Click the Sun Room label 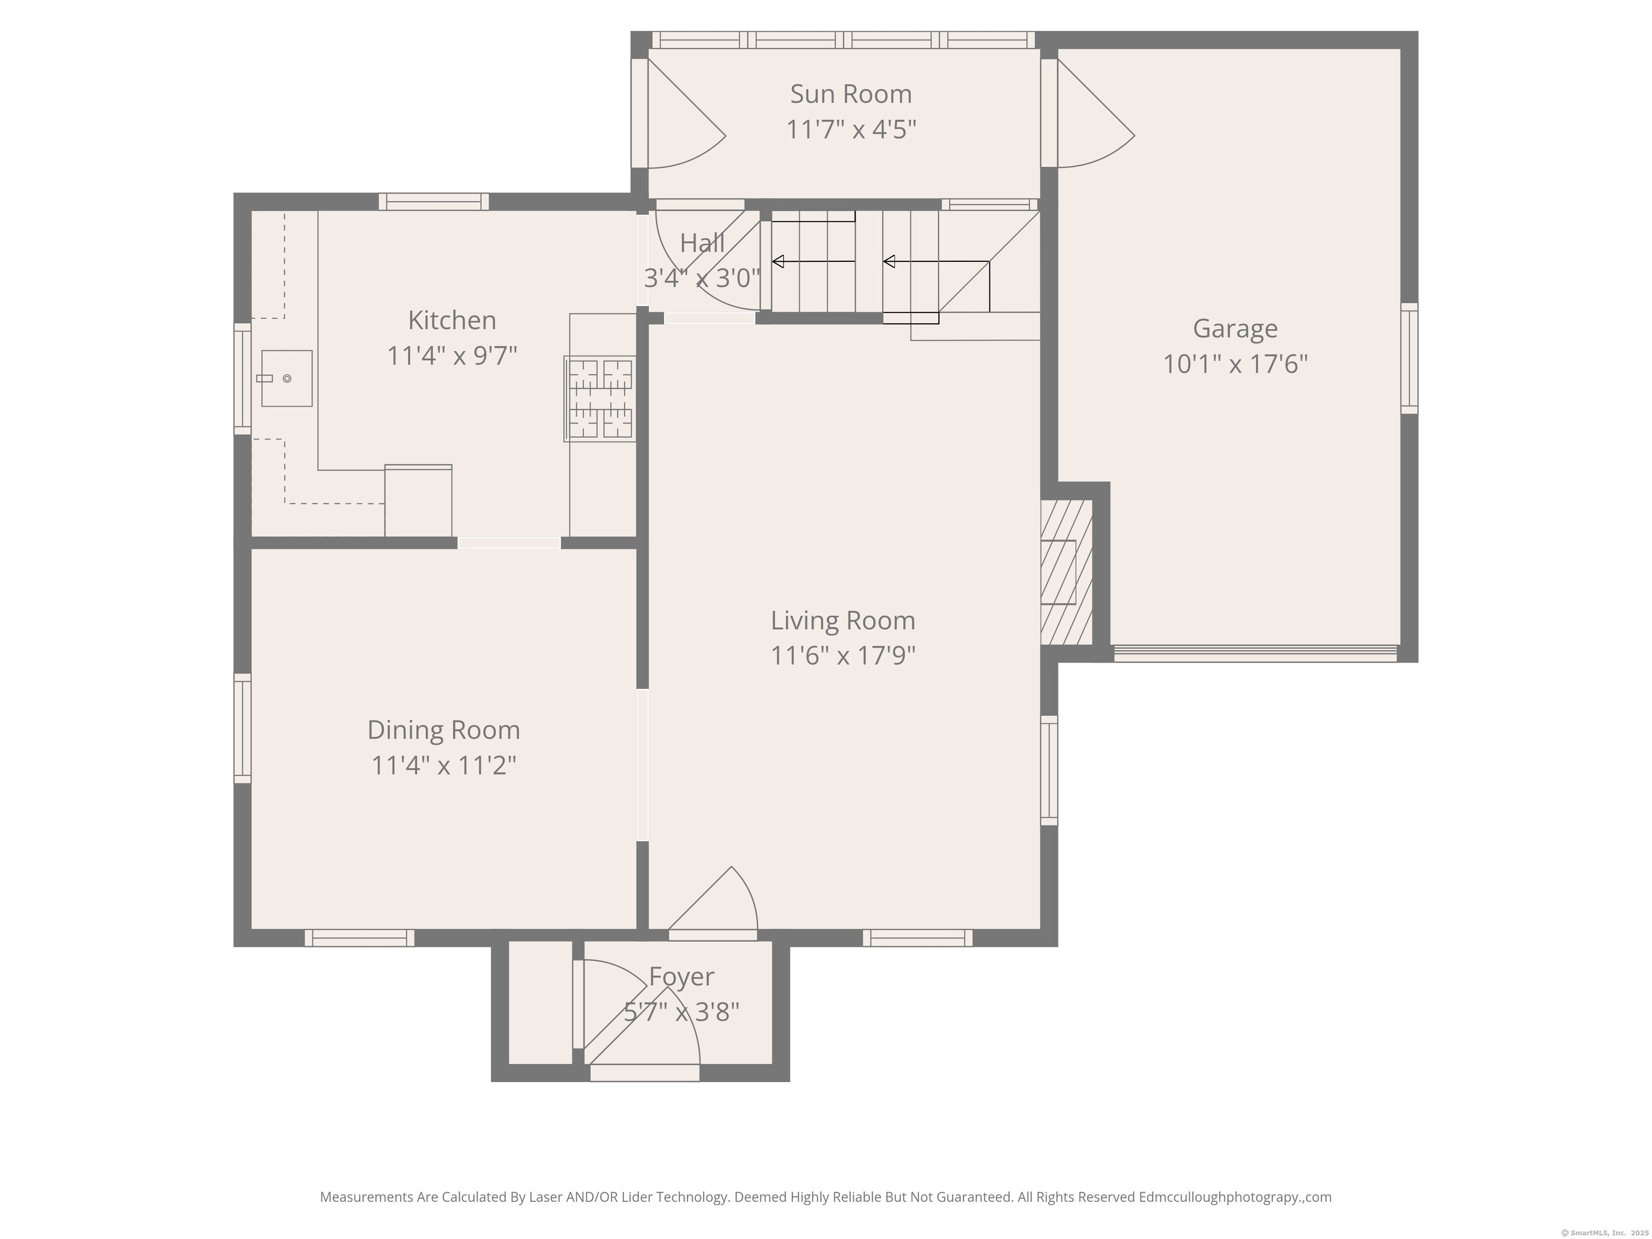coord(851,94)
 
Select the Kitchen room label coord(452,321)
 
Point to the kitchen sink coord(286,379)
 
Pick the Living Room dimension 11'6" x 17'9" coord(843,656)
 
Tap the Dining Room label coord(444,730)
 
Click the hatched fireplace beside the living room coord(1066,572)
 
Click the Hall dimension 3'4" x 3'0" coord(702,279)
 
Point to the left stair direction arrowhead coord(778,261)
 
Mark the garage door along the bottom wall coord(1256,653)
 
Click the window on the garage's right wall coord(1409,359)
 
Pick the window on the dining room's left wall coord(243,729)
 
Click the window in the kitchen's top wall coord(434,202)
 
